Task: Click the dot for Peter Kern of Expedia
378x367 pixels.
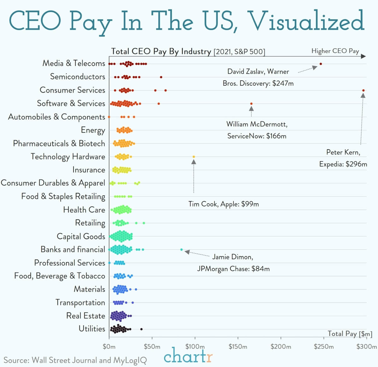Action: [x=363, y=90]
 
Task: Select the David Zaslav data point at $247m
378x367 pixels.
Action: [x=321, y=64]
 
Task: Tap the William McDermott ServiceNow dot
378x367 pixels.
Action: [x=251, y=104]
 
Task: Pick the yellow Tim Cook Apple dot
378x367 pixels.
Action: [x=194, y=157]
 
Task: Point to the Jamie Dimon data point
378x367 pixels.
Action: [x=181, y=249]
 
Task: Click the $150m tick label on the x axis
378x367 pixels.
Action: [x=238, y=346]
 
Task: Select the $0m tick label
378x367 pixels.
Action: [x=109, y=346]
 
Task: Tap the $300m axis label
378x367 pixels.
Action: [x=366, y=346]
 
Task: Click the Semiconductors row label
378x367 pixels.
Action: [x=78, y=77]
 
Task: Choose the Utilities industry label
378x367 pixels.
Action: [x=92, y=329]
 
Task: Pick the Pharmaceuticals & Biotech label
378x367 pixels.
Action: [x=59, y=144]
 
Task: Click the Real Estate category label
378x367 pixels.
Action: [x=86, y=316]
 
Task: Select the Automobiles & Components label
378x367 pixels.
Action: [x=56, y=117]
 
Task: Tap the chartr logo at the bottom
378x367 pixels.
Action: [x=188, y=356]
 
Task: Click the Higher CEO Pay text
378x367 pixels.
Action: [x=335, y=51]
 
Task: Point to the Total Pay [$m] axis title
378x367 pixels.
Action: [x=350, y=334]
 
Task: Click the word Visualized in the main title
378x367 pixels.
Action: [x=307, y=21]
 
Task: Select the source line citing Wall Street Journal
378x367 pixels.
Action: [x=75, y=360]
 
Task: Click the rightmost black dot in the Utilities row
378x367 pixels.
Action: [x=141, y=329]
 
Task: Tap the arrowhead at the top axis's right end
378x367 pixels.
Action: [x=363, y=56]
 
